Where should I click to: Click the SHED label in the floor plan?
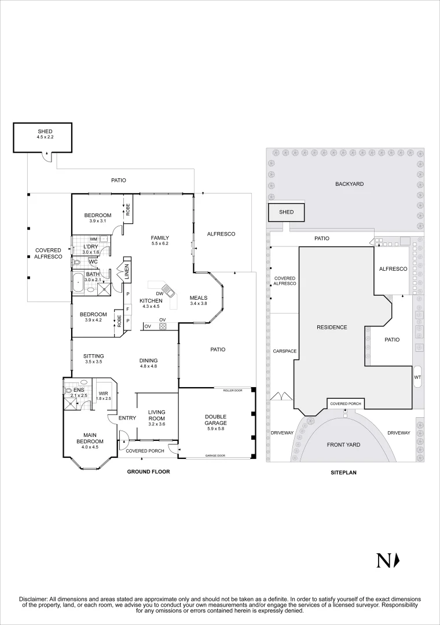coord(45,132)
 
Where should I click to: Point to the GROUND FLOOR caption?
coord(148,472)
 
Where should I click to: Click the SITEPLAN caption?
coord(343,472)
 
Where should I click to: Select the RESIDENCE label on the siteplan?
coord(332,328)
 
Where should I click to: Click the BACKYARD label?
coord(349,184)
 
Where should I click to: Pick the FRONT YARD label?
coord(344,445)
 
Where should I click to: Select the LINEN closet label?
coord(126,273)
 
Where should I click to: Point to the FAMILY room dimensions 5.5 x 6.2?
coord(160,245)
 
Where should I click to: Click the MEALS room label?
coord(198,298)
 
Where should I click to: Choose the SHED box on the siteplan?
coord(287,212)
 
